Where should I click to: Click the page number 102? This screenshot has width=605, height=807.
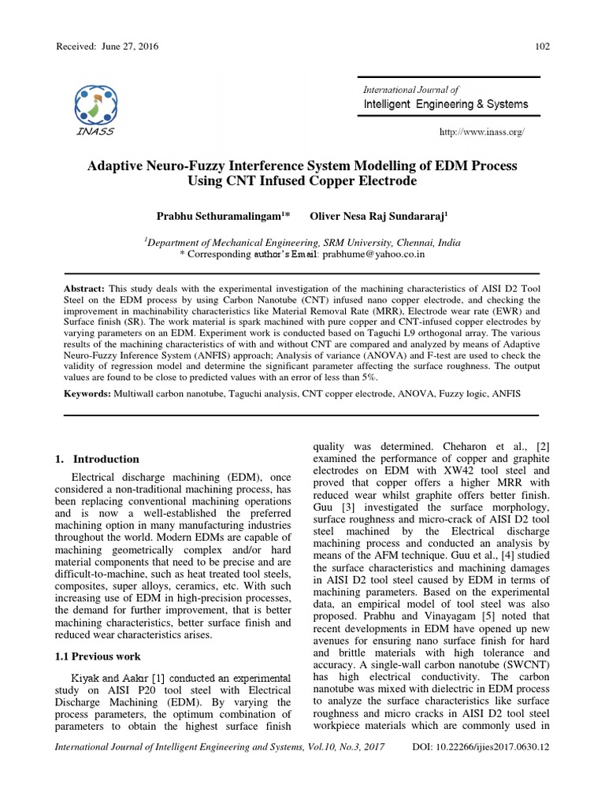click(x=542, y=46)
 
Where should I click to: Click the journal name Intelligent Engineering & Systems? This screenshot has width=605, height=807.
click(x=445, y=104)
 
